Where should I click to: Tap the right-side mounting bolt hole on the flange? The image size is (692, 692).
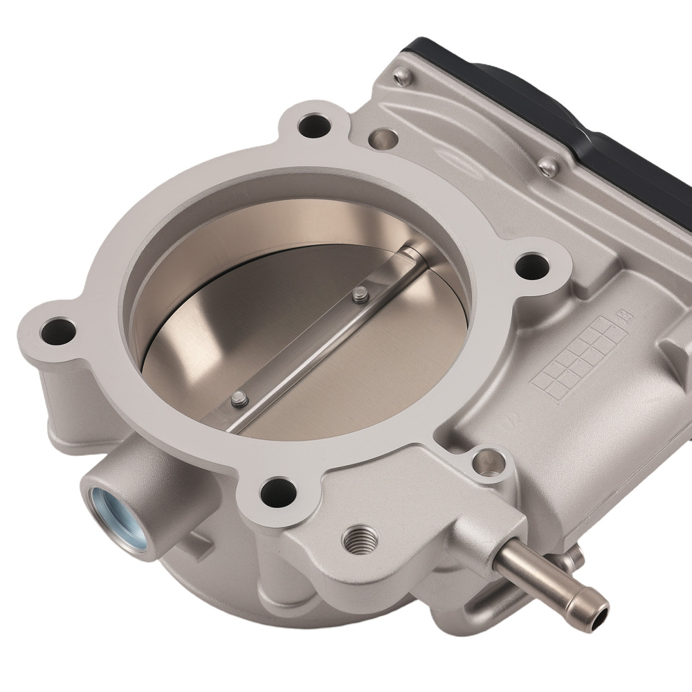pyautogui.click(x=534, y=264)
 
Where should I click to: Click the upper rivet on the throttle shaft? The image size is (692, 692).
pyautogui.click(x=357, y=295)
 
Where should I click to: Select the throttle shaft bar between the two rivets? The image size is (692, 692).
pyautogui.click(x=298, y=346)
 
